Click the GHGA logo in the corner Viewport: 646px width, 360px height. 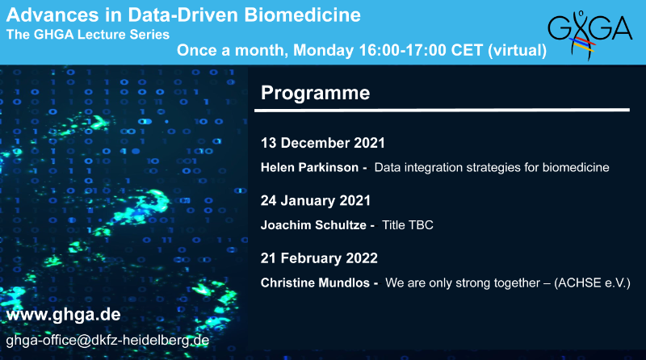coord(589,36)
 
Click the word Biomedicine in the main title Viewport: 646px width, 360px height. coord(302,15)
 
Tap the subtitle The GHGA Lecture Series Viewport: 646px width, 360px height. coord(88,34)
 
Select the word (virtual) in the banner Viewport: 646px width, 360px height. coord(517,51)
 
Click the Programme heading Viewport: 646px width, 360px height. coord(315,93)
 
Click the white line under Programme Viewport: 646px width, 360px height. coord(442,111)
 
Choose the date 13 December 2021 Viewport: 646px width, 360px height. coord(322,143)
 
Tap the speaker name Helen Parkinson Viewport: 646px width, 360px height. coord(309,167)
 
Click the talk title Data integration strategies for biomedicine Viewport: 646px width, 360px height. coord(492,168)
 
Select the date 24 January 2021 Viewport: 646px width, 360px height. coord(316,201)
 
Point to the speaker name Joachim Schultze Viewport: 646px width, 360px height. coord(313,225)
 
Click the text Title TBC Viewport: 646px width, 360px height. coord(408,225)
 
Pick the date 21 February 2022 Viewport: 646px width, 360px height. coord(319,258)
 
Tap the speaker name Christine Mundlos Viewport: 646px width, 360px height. coord(315,283)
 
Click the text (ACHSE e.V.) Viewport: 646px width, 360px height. coord(593,283)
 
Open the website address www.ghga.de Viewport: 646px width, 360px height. coord(64,315)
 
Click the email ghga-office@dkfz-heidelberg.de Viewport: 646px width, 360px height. coord(107,341)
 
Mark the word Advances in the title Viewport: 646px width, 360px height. coord(52,15)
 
